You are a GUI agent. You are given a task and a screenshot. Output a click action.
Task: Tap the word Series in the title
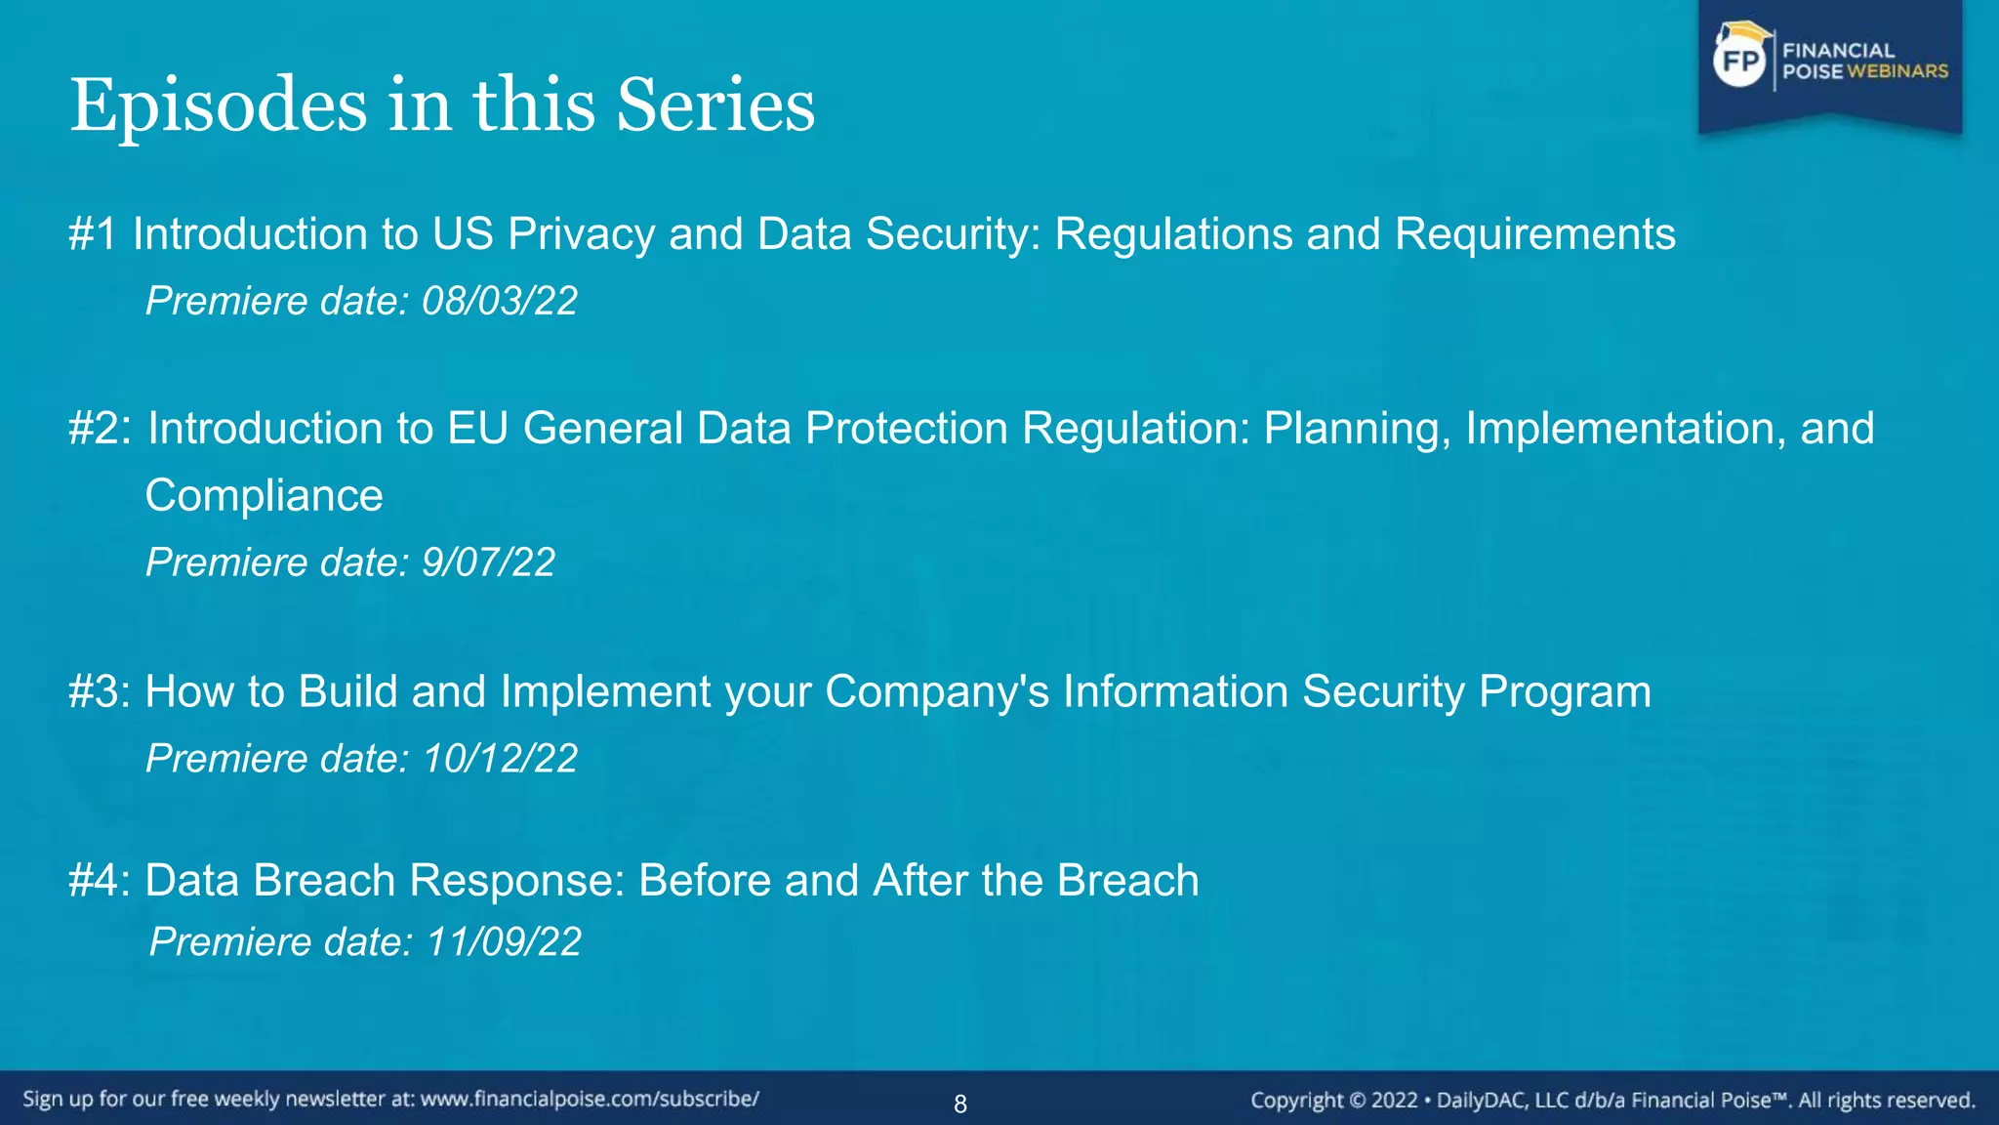coord(715,105)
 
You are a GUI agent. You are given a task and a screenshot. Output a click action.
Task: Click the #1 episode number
coord(93,234)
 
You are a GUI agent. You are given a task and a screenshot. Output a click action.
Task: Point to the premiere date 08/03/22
coord(499,301)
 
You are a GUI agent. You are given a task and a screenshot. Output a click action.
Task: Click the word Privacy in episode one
coord(581,234)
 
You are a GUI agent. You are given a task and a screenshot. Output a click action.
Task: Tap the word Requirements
coord(1534,234)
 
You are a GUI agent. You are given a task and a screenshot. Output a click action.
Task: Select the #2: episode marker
coord(100,429)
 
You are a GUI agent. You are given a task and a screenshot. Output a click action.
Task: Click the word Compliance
coord(264,495)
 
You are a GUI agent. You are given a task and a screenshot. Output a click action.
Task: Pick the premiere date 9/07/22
coord(488,562)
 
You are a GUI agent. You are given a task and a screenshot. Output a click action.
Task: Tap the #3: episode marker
coord(100,691)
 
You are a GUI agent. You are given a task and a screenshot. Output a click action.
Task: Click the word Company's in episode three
coord(937,691)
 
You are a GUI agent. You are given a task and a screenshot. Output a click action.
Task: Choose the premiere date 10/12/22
coord(500,759)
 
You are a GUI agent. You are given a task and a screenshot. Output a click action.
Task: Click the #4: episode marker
coord(100,880)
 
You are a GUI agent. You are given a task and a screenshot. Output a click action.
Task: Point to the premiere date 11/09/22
coord(504,942)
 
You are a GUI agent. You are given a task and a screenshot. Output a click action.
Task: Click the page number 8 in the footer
coord(960,1104)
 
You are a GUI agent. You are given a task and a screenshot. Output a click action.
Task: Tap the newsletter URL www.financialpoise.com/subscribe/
coord(590,1099)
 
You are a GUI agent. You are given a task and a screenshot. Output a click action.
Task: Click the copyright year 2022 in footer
coord(1394,1101)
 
